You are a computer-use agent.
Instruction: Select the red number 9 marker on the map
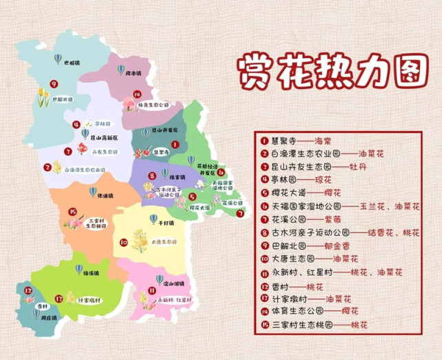(x=54, y=83)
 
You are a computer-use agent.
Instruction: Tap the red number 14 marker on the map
(x=137, y=94)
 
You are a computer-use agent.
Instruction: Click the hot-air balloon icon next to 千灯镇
(x=153, y=219)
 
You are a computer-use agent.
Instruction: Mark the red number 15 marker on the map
(x=72, y=212)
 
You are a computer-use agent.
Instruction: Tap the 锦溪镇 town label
(x=92, y=272)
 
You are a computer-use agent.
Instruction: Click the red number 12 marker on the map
(x=29, y=290)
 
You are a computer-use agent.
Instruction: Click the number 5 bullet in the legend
(x=264, y=193)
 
